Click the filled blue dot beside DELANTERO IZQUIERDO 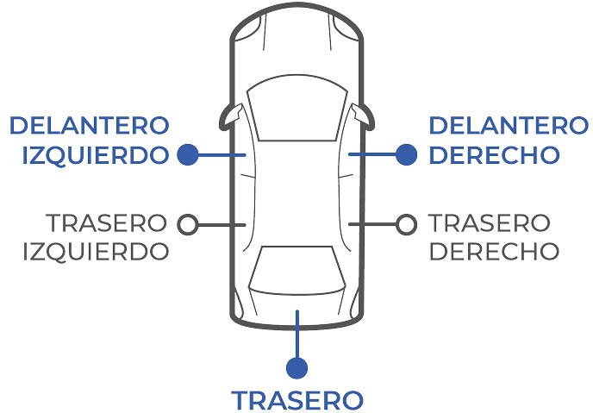pos(188,155)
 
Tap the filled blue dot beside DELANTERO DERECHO pos(406,155)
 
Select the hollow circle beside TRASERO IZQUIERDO pos(187,224)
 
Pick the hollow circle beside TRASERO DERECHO pos(406,224)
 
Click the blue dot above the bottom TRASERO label pos(297,368)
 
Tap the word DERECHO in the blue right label pos(495,156)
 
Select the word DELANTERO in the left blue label pos(89,126)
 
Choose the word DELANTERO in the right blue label pos(509,126)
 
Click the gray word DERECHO pos(494,251)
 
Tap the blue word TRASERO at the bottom pos(297,401)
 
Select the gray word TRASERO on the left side pos(106,222)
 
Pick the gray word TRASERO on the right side pos(490,222)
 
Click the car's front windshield pos(297,110)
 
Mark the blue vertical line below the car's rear pos(297,335)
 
